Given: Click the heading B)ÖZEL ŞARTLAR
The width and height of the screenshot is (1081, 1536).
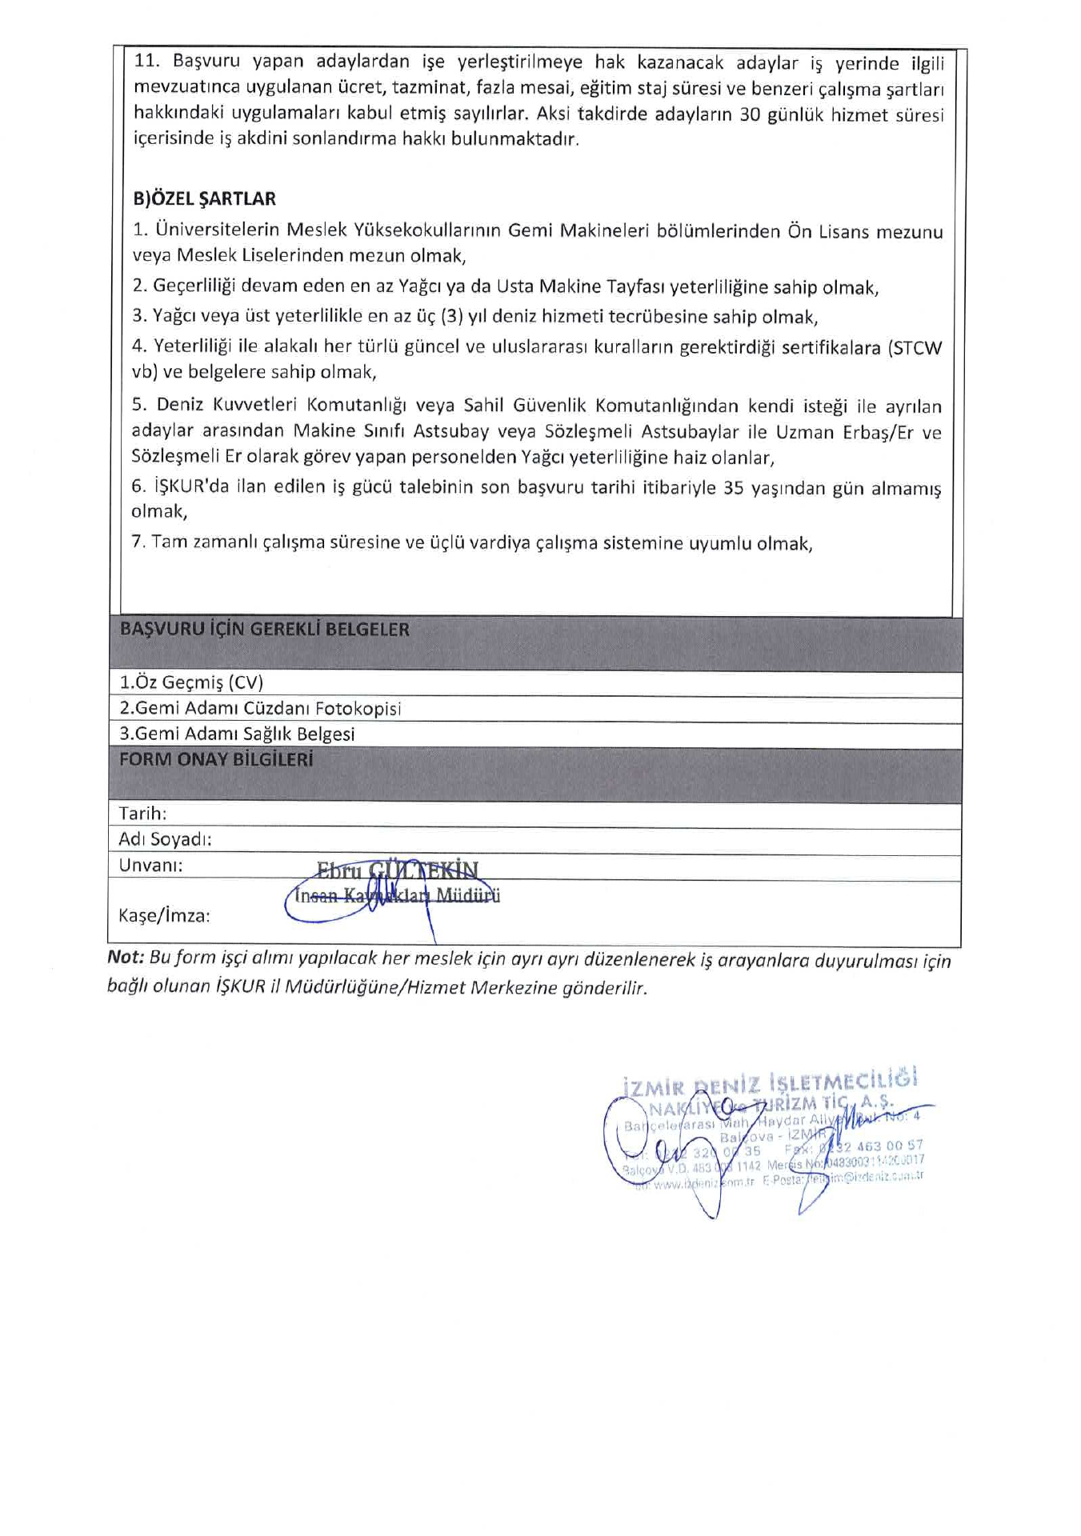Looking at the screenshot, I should [204, 199].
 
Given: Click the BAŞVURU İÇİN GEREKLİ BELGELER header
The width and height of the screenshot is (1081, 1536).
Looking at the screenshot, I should [264, 630].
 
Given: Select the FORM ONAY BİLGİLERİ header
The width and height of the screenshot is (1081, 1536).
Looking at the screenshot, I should [215, 760].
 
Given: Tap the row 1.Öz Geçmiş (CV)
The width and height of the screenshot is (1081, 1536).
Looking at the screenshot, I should [191, 682].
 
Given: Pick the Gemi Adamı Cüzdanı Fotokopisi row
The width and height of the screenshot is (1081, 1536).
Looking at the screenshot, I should [260, 709].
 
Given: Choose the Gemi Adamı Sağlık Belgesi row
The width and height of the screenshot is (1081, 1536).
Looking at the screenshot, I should [237, 734].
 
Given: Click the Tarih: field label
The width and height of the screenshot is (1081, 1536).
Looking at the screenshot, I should [142, 814].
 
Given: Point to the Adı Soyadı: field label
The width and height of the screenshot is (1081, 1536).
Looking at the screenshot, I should [165, 839].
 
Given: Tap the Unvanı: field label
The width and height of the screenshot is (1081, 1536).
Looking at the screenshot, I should [150, 865].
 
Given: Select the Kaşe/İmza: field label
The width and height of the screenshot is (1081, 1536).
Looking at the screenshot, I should [164, 916].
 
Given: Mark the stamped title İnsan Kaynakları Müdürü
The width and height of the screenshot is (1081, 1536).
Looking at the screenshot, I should [397, 896].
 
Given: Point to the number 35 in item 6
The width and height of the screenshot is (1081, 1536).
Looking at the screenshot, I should [733, 488].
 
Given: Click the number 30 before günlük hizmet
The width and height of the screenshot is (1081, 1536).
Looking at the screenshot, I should [749, 114].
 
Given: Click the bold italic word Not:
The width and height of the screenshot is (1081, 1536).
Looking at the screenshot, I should [126, 959].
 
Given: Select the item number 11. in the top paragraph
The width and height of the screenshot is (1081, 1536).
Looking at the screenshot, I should [148, 62].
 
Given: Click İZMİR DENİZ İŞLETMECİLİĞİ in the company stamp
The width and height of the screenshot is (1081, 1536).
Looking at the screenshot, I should [769, 1082].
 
